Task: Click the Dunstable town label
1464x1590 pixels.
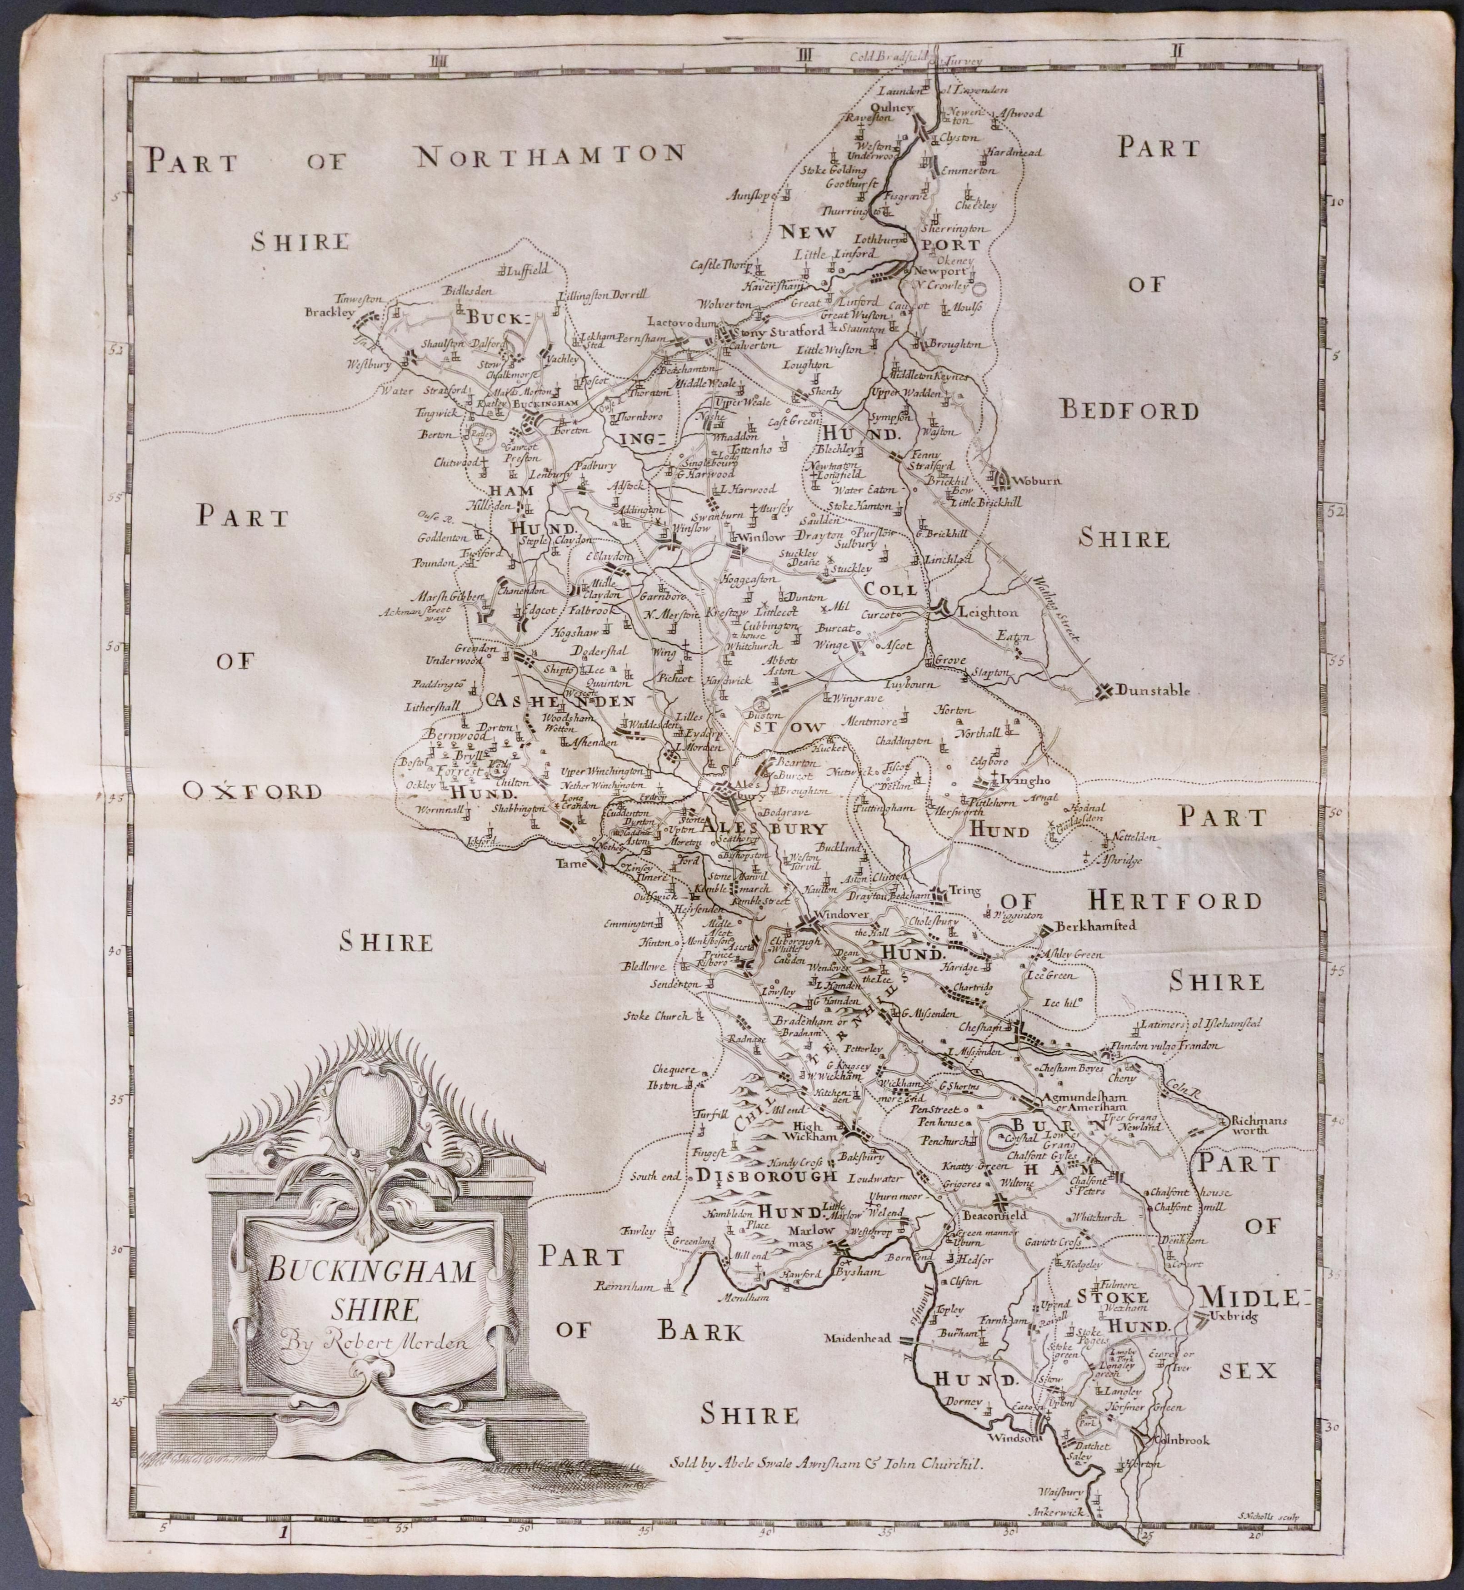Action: point(1153,691)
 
